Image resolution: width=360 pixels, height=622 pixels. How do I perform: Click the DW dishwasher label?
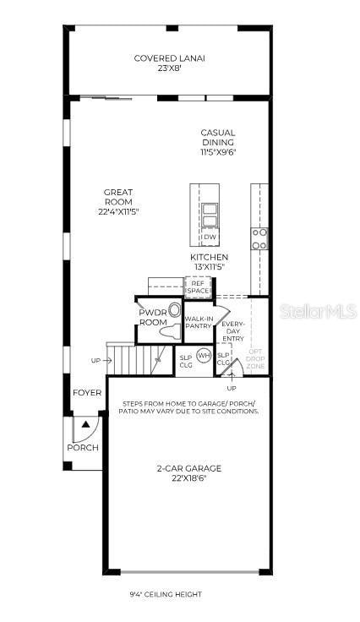coord(210,237)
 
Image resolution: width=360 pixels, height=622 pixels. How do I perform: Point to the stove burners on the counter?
coord(260,238)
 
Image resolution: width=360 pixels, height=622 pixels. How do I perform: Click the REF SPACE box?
coord(199,286)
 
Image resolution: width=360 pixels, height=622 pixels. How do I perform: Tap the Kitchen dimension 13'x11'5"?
coord(209,267)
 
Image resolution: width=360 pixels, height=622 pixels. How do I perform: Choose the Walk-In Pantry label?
coord(199,322)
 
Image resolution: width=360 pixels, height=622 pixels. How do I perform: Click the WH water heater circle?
coord(204,356)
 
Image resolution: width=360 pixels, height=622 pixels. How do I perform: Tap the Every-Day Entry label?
coord(232,330)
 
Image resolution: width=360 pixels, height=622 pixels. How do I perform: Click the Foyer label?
coord(87,393)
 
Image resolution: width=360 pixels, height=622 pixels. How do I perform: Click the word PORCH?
coord(83,448)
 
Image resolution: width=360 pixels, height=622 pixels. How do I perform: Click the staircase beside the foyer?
coord(123,358)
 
